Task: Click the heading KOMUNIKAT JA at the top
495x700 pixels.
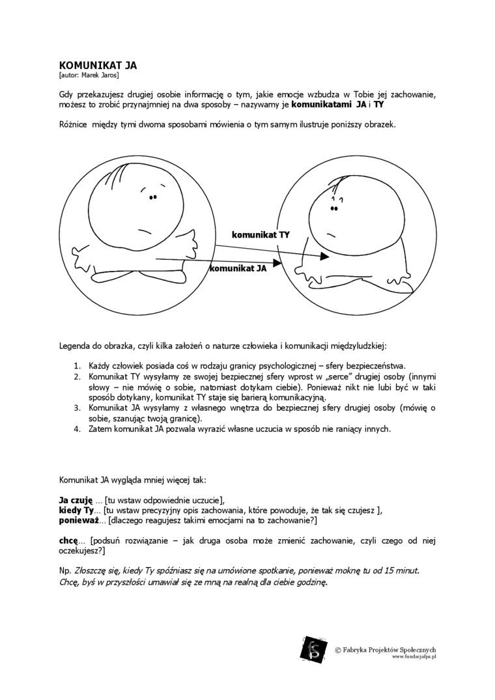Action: pyautogui.click(x=97, y=65)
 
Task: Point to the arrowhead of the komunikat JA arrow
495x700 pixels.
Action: pyautogui.click(x=276, y=263)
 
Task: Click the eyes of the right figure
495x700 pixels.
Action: pyautogui.click(x=334, y=208)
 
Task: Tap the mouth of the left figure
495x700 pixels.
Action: pyautogui.click(x=145, y=229)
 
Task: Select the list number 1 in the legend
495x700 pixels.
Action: pyautogui.click(x=76, y=366)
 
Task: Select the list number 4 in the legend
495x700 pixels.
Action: pyautogui.click(x=76, y=428)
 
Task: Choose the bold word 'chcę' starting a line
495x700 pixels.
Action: pyautogui.click(x=68, y=540)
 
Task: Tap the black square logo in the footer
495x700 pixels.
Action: pyautogui.click(x=313, y=649)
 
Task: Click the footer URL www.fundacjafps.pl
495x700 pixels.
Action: pyautogui.click(x=414, y=658)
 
